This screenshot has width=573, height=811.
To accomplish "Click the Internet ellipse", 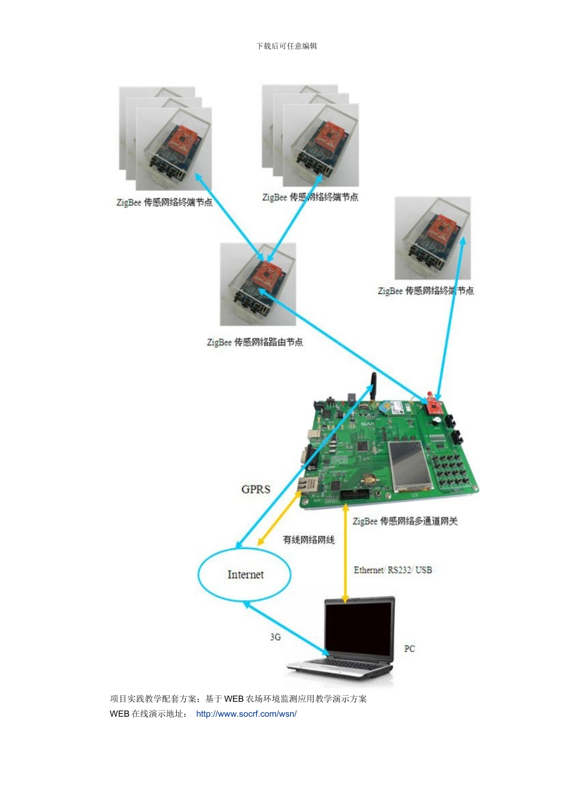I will (x=245, y=574).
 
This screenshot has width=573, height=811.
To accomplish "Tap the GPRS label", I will (x=256, y=489).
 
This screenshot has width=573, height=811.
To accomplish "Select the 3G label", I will (x=276, y=637).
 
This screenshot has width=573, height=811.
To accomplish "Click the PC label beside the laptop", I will (x=410, y=649).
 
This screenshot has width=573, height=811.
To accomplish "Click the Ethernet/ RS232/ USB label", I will (x=393, y=570).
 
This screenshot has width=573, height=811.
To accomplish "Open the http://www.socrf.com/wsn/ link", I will (x=246, y=714).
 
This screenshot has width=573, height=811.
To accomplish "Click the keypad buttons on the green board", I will (x=451, y=471).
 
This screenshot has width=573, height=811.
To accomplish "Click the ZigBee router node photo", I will (x=258, y=284).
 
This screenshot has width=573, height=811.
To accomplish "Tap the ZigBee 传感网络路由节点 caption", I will (x=255, y=342).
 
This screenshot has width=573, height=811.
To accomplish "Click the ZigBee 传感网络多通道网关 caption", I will (x=405, y=521).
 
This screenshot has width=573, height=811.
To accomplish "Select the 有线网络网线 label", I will (x=308, y=539).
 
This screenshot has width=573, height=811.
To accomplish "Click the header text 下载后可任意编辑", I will (x=286, y=46).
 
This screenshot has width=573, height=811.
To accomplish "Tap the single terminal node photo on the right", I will (x=432, y=238).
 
